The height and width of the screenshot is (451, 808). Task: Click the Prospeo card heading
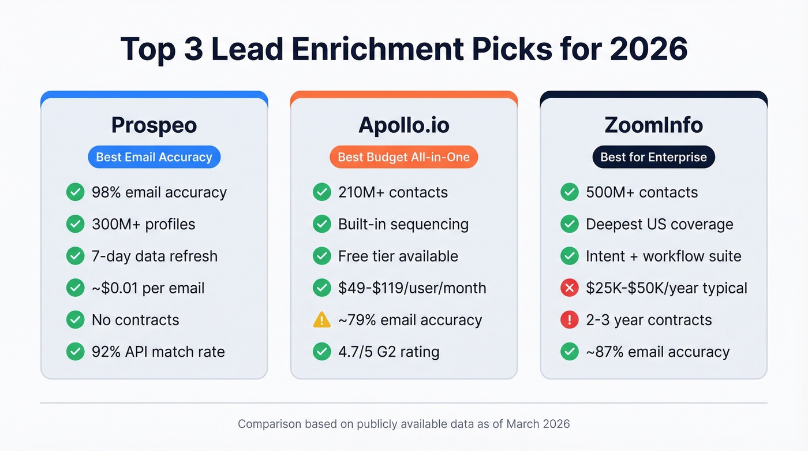coord(154,125)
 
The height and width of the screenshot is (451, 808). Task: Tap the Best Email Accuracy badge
coord(154,157)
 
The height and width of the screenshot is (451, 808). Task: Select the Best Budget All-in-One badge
coord(403,157)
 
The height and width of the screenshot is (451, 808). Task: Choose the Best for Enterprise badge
coord(653,157)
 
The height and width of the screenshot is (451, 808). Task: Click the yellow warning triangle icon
coord(321,320)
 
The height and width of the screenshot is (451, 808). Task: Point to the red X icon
coord(569,288)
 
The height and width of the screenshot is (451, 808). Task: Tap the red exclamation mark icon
coord(569,320)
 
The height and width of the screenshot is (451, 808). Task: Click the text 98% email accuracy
coord(159,192)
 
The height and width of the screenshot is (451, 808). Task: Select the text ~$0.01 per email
coord(148,288)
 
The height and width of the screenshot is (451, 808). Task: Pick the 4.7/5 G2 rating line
coord(388,352)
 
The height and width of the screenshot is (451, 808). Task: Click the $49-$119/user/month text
coord(412,288)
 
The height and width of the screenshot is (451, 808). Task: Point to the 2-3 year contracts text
coord(649,320)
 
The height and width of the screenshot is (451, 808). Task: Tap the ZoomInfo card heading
coord(653,125)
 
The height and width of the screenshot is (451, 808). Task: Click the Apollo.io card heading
coord(403,125)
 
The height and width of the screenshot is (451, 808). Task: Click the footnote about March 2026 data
coord(403,424)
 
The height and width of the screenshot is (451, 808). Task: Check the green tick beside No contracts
coord(75,320)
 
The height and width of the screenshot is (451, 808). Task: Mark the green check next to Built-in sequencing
coord(321,224)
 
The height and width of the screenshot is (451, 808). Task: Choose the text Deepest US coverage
coord(659,224)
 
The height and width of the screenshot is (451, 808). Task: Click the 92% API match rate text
coord(158,352)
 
